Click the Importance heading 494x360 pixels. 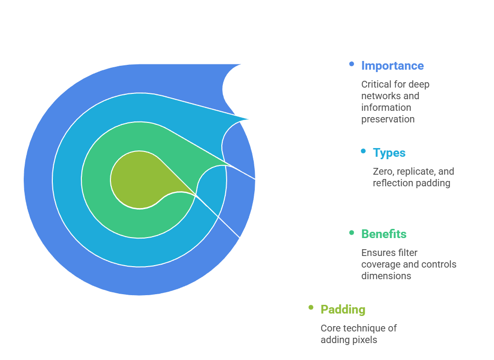click(392, 66)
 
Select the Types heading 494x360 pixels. click(389, 153)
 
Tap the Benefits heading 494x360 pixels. click(384, 234)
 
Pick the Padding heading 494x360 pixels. click(343, 310)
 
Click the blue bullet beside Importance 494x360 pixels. click(352, 64)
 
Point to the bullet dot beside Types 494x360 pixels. click(363, 151)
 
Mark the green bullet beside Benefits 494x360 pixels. click(352, 233)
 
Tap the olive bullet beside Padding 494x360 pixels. click(311, 308)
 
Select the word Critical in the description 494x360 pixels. click(375, 84)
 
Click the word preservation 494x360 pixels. click(387, 119)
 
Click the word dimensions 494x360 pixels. click(386, 276)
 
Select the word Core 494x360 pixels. click(331, 328)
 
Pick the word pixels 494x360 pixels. click(364, 340)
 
